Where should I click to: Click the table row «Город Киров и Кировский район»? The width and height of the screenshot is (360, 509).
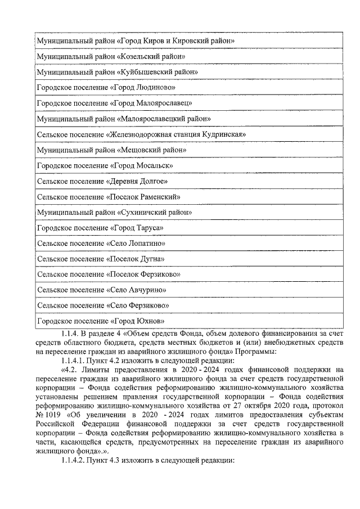point(135,42)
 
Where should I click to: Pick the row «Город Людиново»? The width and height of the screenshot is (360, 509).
point(106,88)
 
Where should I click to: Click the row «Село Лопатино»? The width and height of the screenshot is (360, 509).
point(101,244)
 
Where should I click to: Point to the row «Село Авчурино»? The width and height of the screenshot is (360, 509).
point(101,290)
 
